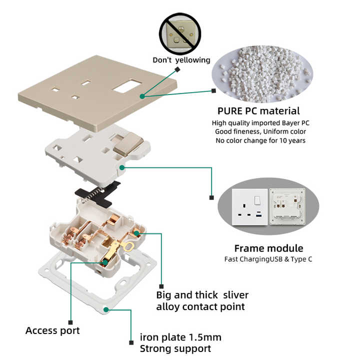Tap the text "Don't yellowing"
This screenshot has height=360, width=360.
[181, 60]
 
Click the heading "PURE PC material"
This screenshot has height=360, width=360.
[258, 111]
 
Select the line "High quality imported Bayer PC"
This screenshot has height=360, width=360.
[260, 123]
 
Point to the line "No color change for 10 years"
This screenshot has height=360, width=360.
[260, 140]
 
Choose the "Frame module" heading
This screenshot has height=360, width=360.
[268, 248]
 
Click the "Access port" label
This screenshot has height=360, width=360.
[52, 330]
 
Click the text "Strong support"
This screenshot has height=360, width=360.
[175, 348]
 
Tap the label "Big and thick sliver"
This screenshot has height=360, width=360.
[202, 295]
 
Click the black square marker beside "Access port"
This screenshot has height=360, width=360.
[70, 322]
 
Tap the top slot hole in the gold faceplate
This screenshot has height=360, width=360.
[86, 82]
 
